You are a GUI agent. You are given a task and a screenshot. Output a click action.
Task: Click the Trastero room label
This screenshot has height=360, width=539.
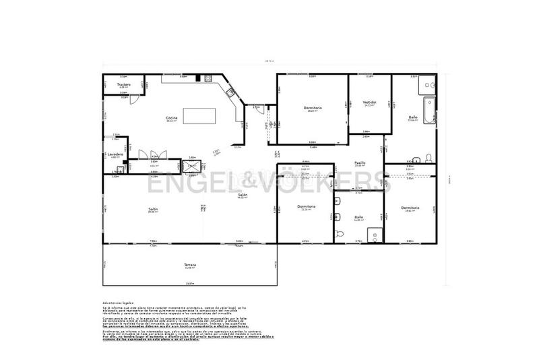(x=123, y=85)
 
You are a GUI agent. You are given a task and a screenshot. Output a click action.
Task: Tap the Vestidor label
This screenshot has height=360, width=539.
(x=370, y=102)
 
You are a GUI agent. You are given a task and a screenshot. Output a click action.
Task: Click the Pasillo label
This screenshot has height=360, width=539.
(x=360, y=162)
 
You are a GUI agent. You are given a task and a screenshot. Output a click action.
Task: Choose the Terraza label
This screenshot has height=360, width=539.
(x=189, y=265)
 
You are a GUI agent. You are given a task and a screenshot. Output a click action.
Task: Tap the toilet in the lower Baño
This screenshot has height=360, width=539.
(x=340, y=232)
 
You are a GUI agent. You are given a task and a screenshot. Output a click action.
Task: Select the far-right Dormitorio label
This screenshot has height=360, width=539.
(x=410, y=208)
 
